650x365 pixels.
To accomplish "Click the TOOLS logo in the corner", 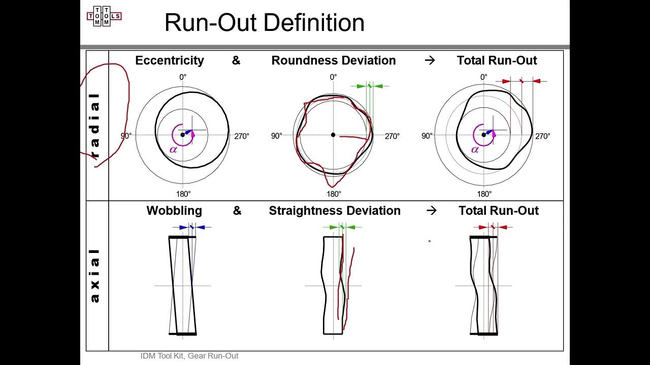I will coord(104,16).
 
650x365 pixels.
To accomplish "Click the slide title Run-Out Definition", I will coord(265,23).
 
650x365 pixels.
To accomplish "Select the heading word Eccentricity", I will coord(170,60).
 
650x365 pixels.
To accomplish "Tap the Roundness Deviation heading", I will coord(334,60).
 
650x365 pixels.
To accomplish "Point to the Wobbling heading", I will coord(174,210).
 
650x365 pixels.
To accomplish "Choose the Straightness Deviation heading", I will coord(335,210).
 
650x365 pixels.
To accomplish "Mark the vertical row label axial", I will coord(95,276).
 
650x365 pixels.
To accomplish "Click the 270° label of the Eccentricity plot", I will coord(242,136).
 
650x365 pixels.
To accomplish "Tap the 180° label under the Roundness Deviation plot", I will coord(334,194).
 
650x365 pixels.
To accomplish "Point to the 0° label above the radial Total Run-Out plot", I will coord(484,77).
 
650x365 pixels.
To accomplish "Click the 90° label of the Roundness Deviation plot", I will coord(276,136).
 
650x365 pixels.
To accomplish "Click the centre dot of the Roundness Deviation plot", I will coord(333,135).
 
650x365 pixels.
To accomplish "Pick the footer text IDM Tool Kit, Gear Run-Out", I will coord(189,356).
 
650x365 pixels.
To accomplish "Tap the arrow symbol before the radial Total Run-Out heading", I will coord(430,60).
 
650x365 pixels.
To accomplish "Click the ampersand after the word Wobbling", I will coord(237,210).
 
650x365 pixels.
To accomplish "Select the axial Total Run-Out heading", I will coord(499,210).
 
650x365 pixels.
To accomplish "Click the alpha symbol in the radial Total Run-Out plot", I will coord(475,150).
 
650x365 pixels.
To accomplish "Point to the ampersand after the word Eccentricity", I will coord(236,60).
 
